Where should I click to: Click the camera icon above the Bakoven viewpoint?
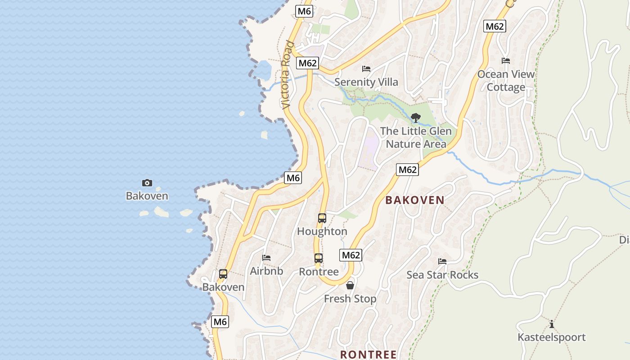(x=147, y=183)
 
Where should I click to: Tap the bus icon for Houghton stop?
(x=322, y=218)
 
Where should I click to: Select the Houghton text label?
(x=322, y=232)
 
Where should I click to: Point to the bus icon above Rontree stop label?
(x=319, y=258)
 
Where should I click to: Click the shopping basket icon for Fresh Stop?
(x=350, y=285)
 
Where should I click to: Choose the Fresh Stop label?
(x=350, y=299)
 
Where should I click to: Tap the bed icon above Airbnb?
(x=266, y=258)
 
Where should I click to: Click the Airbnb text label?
(x=266, y=271)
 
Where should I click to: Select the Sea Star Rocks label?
(x=442, y=275)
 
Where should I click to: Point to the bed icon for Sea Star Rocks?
(x=442, y=261)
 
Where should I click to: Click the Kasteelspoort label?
(x=551, y=337)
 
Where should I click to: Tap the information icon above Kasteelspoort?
(x=551, y=324)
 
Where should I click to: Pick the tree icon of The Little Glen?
(x=416, y=118)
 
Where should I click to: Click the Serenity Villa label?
(x=366, y=82)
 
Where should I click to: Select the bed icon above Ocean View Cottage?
(x=506, y=61)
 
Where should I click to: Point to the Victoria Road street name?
(x=287, y=76)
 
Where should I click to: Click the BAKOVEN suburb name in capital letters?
(x=415, y=201)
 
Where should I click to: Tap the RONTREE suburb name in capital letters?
(x=369, y=355)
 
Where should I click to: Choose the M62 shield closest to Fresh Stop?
(x=351, y=255)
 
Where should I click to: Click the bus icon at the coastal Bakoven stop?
(x=223, y=274)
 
